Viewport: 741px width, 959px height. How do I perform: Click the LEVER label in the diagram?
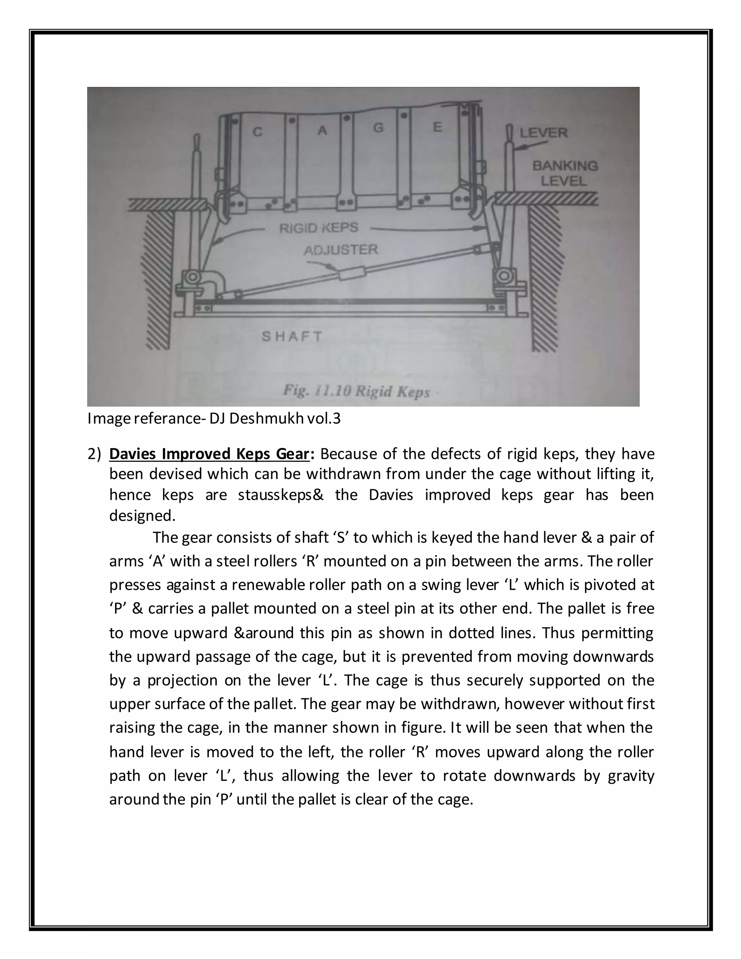pos(543,132)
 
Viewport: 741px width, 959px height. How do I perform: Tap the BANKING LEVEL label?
pos(564,173)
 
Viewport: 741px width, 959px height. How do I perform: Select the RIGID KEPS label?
pos(319,228)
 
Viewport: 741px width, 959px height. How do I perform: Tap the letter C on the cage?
pos(258,131)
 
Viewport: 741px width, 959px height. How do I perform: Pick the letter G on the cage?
pos(378,128)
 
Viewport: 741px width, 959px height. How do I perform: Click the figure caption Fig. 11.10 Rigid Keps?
pos(356,391)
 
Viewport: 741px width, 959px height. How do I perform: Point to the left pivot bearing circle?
pos(192,278)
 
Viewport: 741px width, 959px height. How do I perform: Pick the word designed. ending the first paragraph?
pos(142,515)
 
